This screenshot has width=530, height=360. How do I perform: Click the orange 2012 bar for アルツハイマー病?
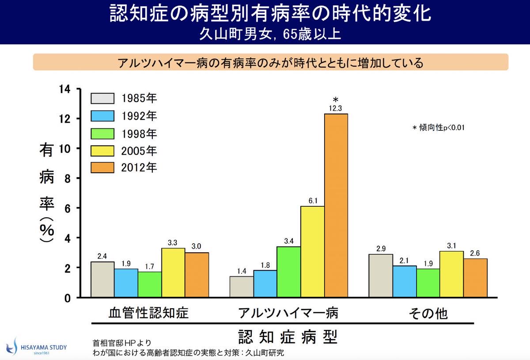pyautogui.click(x=336, y=205)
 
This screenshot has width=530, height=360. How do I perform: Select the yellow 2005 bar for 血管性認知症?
pyautogui.click(x=173, y=273)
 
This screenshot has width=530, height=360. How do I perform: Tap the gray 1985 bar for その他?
pyautogui.click(x=381, y=276)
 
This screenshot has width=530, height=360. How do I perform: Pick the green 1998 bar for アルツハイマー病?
pyautogui.click(x=289, y=272)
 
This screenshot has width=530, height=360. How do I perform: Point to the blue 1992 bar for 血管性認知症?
pyautogui.click(x=126, y=283)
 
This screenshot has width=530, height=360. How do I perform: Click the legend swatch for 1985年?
pyautogui.click(x=102, y=98)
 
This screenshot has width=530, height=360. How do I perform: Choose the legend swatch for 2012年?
pyautogui.click(x=102, y=167)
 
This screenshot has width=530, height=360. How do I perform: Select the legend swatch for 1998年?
pyautogui.click(x=102, y=133)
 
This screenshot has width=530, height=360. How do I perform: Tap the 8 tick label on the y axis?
pyautogui.click(x=67, y=178)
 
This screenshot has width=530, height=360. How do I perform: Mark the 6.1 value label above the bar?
pyautogui.click(x=313, y=201)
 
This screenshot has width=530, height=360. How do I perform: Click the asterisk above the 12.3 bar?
pyautogui.click(x=336, y=99)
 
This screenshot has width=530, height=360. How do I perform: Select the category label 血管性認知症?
pyautogui.click(x=148, y=313)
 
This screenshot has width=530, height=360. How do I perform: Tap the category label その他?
pyautogui.click(x=428, y=313)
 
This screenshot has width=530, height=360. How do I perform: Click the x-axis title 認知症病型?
pyautogui.click(x=288, y=337)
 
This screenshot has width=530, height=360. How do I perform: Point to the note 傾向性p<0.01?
pyautogui.click(x=439, y=128)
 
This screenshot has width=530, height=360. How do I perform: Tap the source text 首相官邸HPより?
pyautogui.click(x=122, y=343)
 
